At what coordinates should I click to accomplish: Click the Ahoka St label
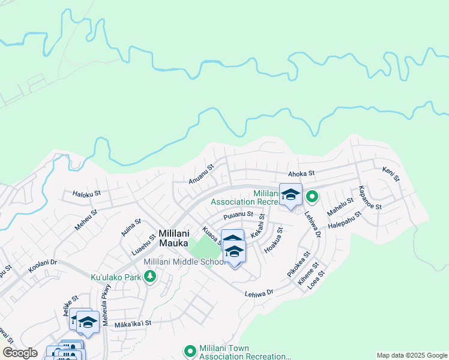pos(301,173)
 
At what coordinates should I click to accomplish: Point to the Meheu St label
pos(86,218)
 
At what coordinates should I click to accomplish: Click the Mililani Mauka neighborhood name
pos(178,238)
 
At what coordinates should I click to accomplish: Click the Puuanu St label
pos(238,214)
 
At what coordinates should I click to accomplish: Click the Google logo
pos(20,353)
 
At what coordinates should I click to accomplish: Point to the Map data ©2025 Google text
pos(411,355)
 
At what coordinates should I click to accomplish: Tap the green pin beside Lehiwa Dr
pos(312,196)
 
